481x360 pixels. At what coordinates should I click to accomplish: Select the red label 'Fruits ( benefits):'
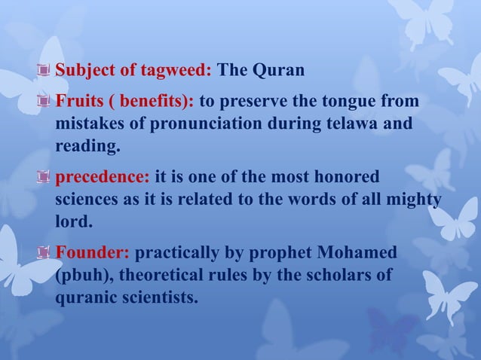pyautogui.click(x=124, y=102)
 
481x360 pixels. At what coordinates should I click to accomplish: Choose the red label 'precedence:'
pyautogui.click(x=102, y=178)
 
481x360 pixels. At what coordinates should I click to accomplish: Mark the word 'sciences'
pyautogui.click(x=86, y=199)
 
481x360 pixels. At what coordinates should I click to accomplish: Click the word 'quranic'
pyautogui.click(x=84, y=296)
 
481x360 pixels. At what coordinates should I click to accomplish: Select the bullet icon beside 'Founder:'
pyautogui.click(x=45, y=254)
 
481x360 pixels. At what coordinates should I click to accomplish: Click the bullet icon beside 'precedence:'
pyautogui.click(x=45, y=178)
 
